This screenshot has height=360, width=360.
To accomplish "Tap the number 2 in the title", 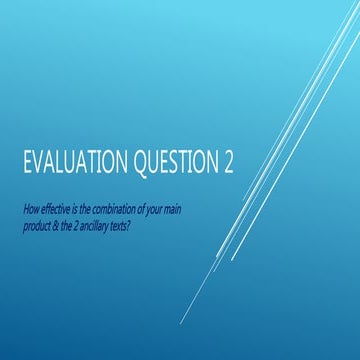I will [240, 165].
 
